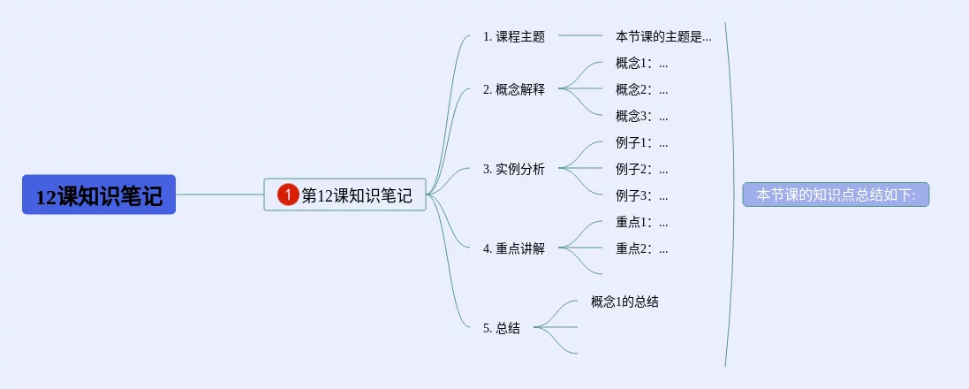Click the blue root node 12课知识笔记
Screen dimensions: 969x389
pyautogui.click(x=99, y=194)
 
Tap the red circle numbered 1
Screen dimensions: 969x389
pyautogui.click(x=288, y=194)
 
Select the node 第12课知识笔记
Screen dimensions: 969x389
pyautogui.click(x=356, y=195)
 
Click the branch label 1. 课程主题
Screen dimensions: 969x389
pyautogui.click(x=514, y=37)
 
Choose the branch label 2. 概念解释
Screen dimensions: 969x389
pyautogui.click(x=514, y=89)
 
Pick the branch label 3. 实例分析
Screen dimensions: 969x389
pyautogui.click(x=514, y=169)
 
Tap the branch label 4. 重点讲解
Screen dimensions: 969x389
pyautogui.click(x=514, y=248)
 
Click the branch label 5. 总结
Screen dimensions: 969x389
pyautogui.click(x=502, y=328)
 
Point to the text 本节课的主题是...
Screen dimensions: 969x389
pyautogui.click(x=662, y=37)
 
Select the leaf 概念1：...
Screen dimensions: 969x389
pyautogui.click(x=641, y=63)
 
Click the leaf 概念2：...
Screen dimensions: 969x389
pyautogui.click(x=641, y=89)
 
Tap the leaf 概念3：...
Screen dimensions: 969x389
pyautogui.click(x=641, y=116)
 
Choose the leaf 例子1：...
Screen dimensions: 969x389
pyautogui.click(x=641, y=142)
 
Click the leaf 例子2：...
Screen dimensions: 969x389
pyautogui.click(x=641, y=169)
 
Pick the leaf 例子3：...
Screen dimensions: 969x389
pyautogui.click(x=641, y=195)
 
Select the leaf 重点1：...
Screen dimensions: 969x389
pyautogui.click(x=641, y=222)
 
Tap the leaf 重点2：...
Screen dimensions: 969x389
pyautogui.click(x=641, y=248)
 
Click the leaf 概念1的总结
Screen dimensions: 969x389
pyautogui.click(x=625, y=301)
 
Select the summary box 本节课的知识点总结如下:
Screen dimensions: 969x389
pyautogui.click(x=836, y=194)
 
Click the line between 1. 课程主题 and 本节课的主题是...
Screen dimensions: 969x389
pyautogui.click(x=580, y=36)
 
